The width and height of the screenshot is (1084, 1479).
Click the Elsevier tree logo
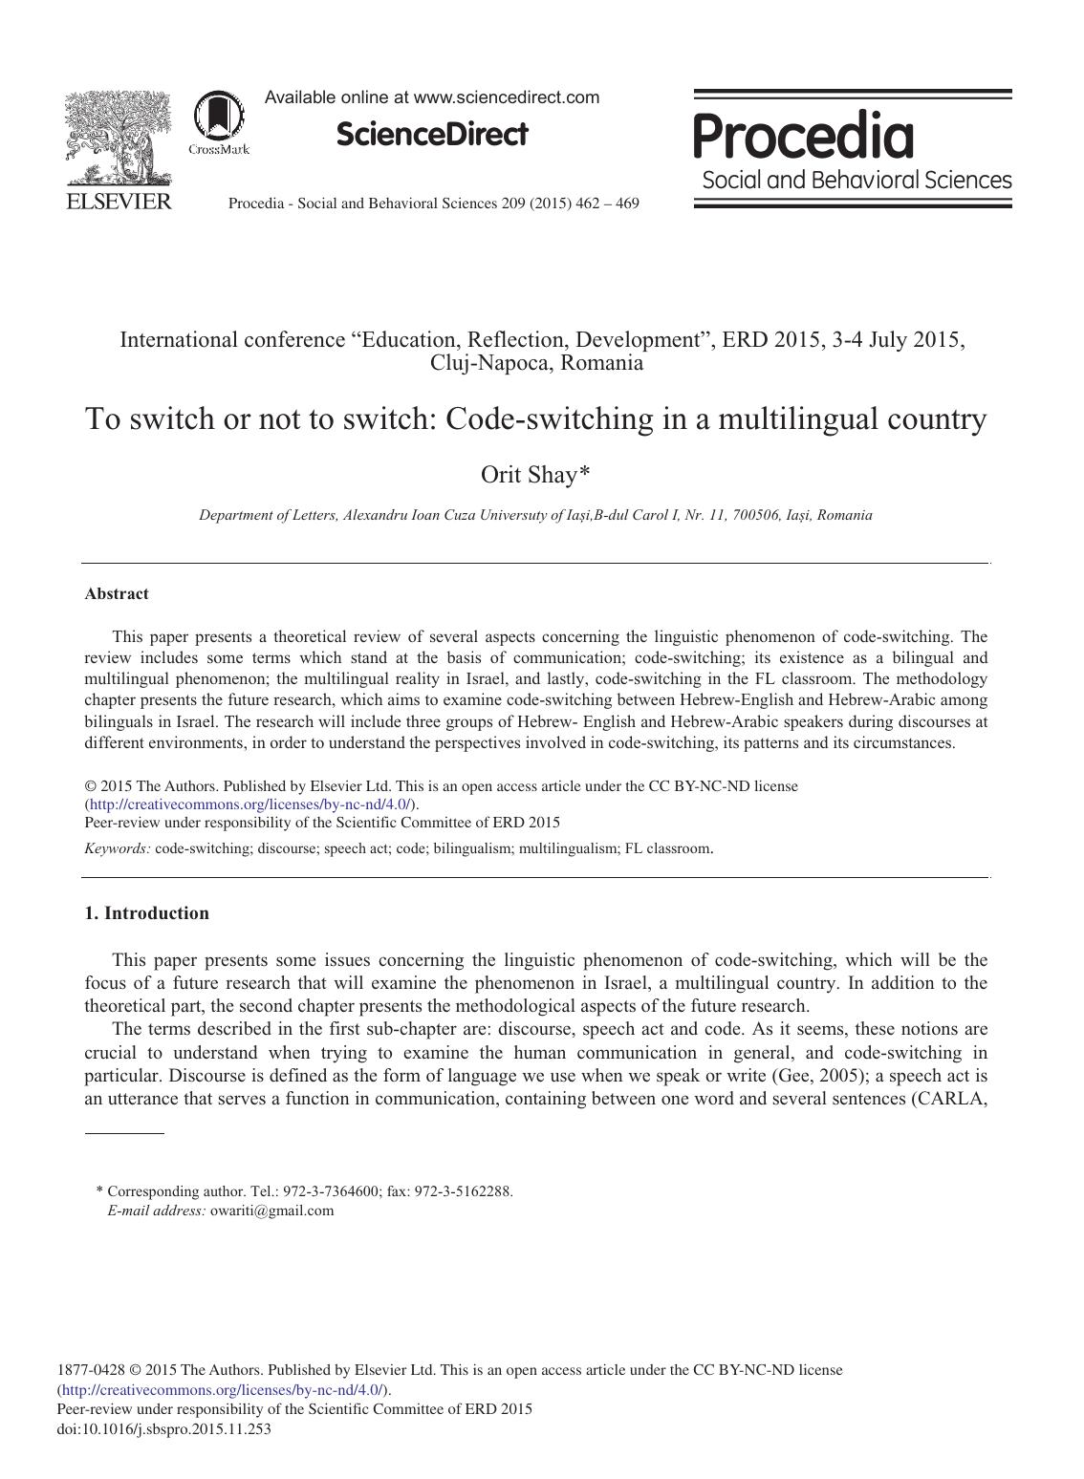click(x=118, y=138)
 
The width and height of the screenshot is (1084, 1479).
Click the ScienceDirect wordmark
click(x=431, y=135)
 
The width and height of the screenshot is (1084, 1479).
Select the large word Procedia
click(x=803, y=136)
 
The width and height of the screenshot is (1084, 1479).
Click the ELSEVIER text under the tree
click(x=118, y=202)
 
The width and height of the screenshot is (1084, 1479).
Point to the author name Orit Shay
click(x=528, y=474)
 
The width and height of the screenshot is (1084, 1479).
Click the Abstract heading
click(x=117, y=593)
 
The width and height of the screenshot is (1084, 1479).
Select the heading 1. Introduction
click(x=146, y=912)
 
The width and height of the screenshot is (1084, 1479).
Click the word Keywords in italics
click(x=117, y=847)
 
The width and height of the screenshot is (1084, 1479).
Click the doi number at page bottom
click(x=164, y=1429)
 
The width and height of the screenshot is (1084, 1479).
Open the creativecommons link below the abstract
click(x=249, y=804)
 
